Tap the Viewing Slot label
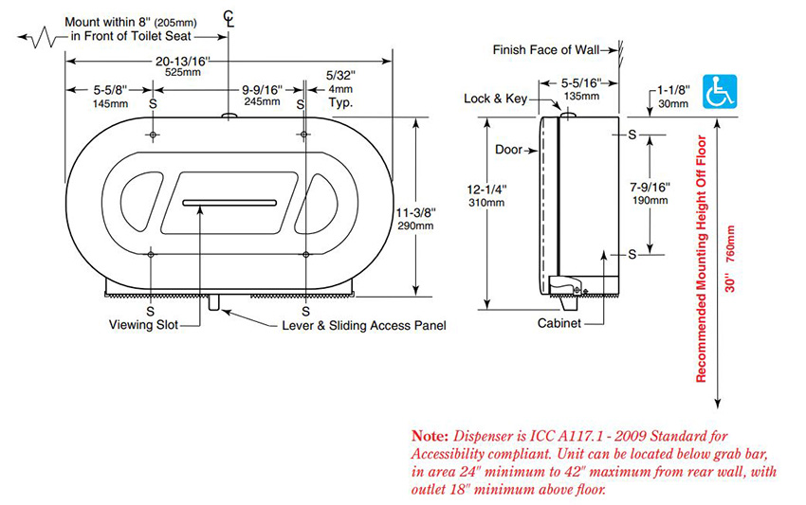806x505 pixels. [138, 326]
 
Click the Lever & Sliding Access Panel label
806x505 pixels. [363, 326]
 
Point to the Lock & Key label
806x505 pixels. [495, 99]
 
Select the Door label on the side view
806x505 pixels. [509, 150]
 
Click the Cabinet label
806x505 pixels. [558, 323]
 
